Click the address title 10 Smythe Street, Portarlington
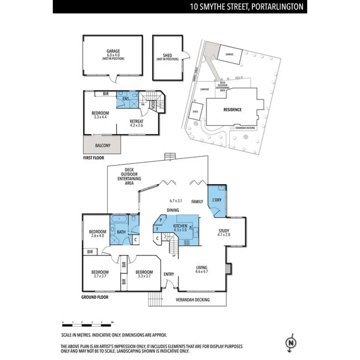coord(247,7)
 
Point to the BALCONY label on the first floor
coord(103,145)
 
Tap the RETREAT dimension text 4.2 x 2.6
coord(136,125)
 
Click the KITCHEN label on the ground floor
coord(180,226)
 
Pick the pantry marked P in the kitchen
coord(161,220)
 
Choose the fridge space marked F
coord(157,229)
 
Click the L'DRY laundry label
coord(217,200)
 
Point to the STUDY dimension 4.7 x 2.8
coord(224,235)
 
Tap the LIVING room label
coord(202,267)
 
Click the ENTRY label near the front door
coord(169,274)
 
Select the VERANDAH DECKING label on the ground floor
coord(193,299)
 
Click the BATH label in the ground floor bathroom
coord(121,232)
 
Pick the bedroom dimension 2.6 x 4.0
coord(97,235)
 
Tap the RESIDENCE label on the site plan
coord(232,109)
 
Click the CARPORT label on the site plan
coord(205,89)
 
